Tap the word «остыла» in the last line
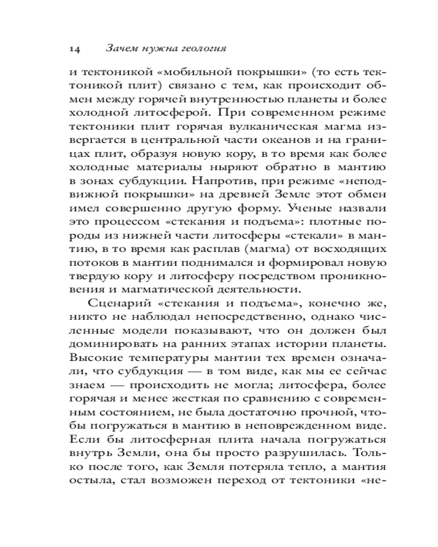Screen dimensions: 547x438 pyautogui.click(x=89, y=481)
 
